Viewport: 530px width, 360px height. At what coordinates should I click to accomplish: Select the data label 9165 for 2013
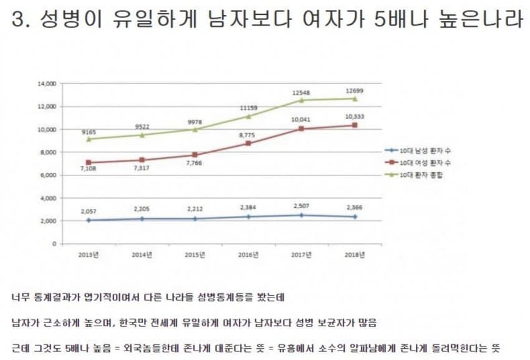88,132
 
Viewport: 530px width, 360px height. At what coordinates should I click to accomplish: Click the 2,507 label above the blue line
302,206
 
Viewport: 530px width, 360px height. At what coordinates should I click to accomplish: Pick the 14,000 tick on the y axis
48,84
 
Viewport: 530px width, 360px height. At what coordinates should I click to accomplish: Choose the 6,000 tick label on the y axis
49,175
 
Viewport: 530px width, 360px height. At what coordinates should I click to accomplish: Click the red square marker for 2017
302,129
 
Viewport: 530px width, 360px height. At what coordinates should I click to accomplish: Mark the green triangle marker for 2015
195,129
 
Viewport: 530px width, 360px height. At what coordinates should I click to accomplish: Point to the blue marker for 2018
355,216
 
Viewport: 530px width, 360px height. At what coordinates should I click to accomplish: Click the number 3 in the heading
17,20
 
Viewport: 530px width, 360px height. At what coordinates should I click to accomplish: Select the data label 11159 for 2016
248,107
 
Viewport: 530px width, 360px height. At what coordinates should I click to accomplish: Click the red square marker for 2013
89,162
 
